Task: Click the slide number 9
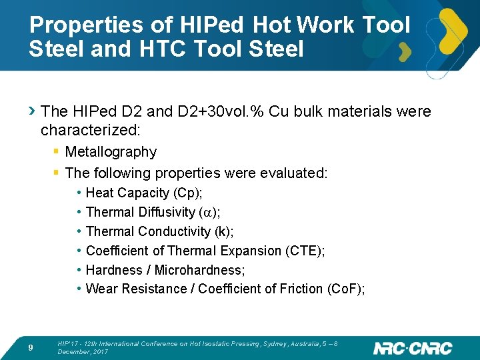(31, 348)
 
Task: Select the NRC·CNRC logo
(413, 348)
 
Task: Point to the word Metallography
(111, 152)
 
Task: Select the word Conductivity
(175, 231)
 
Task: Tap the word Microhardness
(199, 270)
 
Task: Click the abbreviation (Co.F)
(344, 289)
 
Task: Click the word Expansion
(252, 251)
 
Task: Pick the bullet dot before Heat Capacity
(79, 193)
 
